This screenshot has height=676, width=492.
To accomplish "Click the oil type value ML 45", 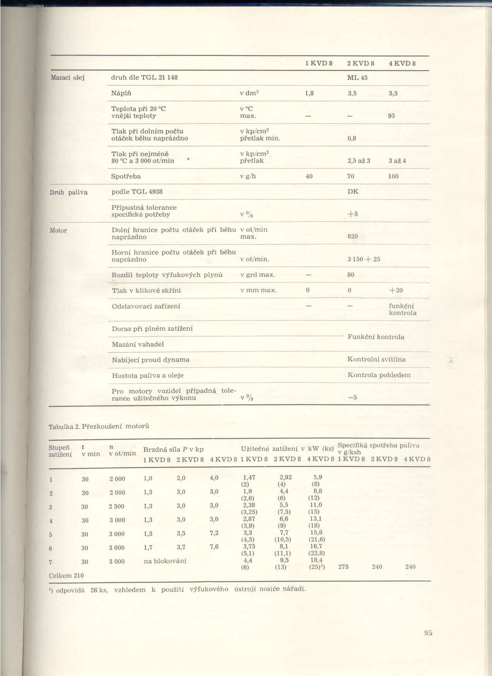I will point(357,78).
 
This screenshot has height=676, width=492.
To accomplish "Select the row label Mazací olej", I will point(68,78).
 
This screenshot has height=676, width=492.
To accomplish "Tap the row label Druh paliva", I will point(68,192).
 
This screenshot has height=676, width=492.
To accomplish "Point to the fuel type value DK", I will point(353,191).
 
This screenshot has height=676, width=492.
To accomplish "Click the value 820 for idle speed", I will point(352,236).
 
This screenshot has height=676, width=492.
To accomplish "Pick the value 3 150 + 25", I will point(364,259).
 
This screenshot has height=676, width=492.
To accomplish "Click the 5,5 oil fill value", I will point(393,93).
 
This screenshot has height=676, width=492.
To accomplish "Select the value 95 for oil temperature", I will point(391,116).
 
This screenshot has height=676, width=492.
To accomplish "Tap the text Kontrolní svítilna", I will point(376,360).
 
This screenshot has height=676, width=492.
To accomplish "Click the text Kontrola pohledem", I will point(379,375).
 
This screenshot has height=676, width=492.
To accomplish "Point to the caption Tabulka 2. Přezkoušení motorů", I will point(99,426).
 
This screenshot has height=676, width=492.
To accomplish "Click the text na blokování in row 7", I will point(165,561).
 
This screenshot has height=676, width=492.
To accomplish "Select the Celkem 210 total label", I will point(67,576).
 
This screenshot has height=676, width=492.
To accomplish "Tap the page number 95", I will point(428,633).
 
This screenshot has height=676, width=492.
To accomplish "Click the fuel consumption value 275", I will point(343,567).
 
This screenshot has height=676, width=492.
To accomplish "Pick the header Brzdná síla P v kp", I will point(173,450).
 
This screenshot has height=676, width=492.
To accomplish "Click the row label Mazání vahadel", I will point(138,344).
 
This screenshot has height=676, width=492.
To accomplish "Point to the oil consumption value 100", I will point(393,177).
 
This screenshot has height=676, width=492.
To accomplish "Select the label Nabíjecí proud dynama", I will point(150,360).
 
